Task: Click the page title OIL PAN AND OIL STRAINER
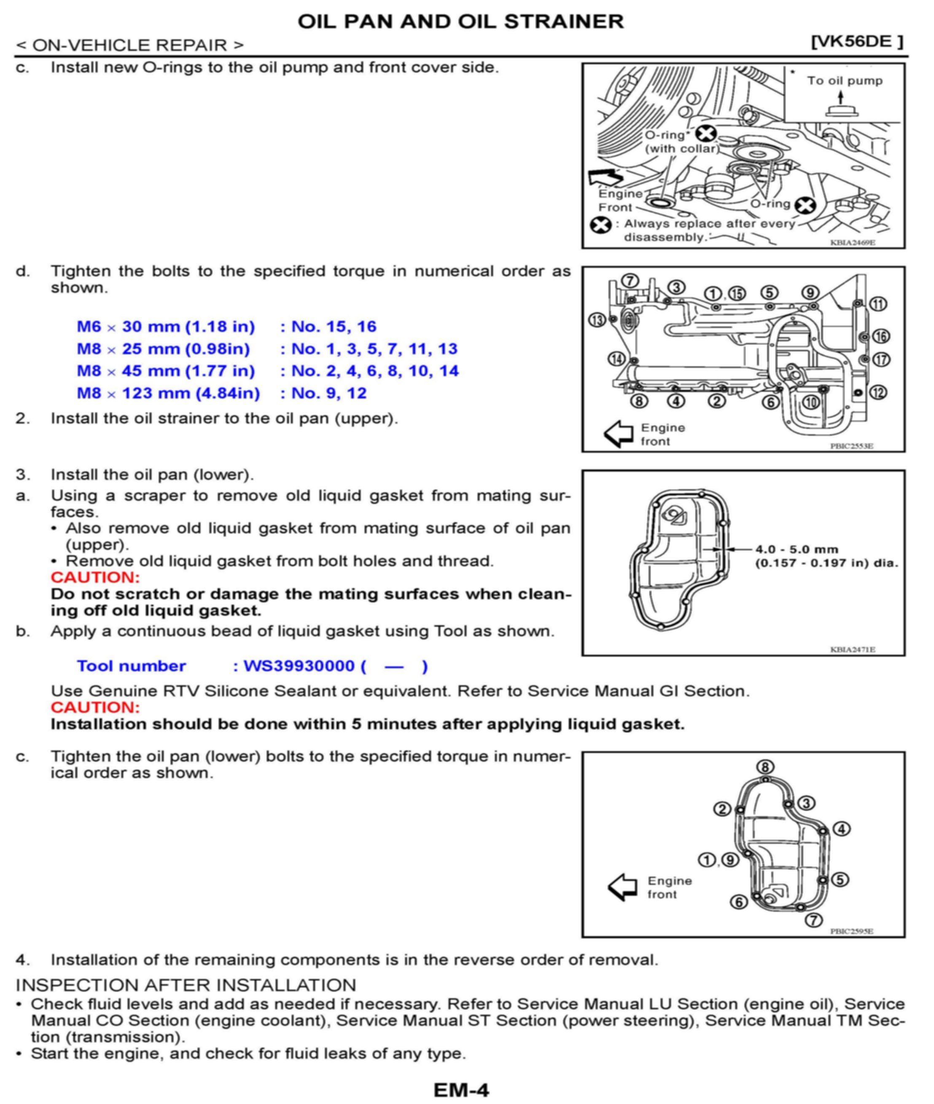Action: [x=460, y=22]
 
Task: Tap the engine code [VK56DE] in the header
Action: [x=857, y=42]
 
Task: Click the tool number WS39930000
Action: [x=299, y=666]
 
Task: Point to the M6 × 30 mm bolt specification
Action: [x=166, y=327]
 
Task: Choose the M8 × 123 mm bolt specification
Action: [x=168, y=393]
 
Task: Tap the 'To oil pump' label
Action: [x=845, y=81]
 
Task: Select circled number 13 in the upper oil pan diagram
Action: [x=597, y=320]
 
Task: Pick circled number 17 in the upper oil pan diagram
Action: [x=881, y=360]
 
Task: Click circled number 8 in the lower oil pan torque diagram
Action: [x=765, y=767]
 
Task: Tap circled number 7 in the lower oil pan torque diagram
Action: [x=814, y=920]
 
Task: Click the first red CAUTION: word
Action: [x=95, y=577]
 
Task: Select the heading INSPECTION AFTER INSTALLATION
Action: [x=186, y=985]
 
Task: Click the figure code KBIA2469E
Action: [x=853, y=243]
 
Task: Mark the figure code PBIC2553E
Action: [x=851, y=446]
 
